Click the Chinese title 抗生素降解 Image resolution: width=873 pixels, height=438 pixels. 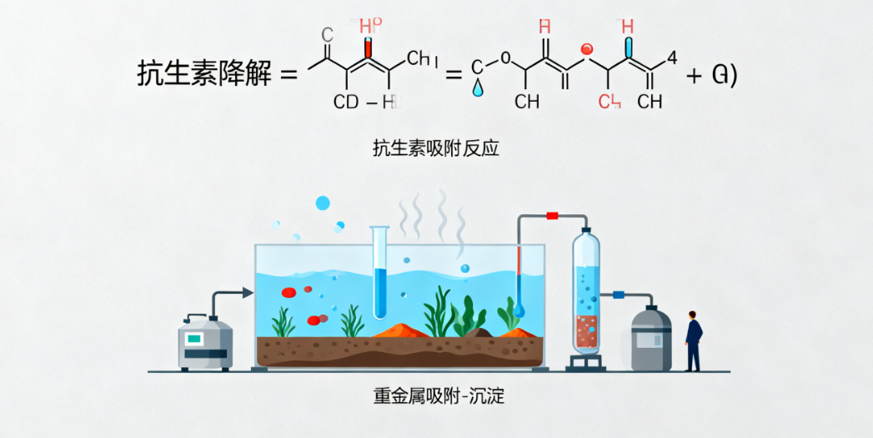204,74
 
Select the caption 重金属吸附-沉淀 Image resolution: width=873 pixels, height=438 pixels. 439,396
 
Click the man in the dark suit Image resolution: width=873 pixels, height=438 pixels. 693,340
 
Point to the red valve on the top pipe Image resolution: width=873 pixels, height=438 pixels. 552,216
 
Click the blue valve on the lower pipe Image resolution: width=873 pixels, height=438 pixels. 619,295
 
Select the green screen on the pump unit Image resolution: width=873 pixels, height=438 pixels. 194,339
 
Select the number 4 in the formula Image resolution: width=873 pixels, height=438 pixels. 672,58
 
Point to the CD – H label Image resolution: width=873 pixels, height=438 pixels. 367,103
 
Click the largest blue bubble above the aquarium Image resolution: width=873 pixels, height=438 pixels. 323,203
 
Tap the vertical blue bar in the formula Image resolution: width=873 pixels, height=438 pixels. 630,47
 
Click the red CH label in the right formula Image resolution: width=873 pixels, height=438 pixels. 610,102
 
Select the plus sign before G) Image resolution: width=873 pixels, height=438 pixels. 694,74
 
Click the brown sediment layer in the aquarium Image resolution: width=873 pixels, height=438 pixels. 400,350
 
